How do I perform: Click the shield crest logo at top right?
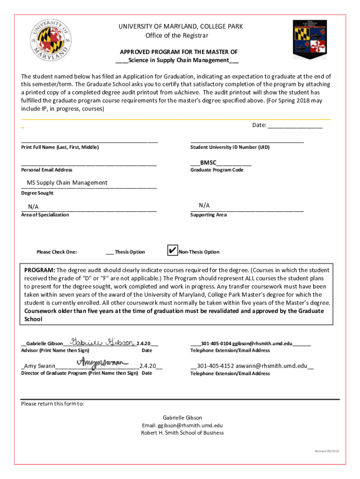point(310,39)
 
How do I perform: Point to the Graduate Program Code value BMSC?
point(208,162)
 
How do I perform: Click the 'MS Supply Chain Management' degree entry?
point(67,182)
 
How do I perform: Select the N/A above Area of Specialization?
point(33,207)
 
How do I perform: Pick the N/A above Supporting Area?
point(204,205)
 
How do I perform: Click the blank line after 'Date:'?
point(295,125)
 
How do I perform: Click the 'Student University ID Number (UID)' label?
point(230,147)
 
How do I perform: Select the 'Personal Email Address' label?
point(47,170)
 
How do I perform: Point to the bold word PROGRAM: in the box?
point(40,270)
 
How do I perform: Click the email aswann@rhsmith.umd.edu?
point(271,366)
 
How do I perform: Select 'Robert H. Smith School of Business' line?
point(182,433)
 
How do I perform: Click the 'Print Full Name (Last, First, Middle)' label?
point(60,147)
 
